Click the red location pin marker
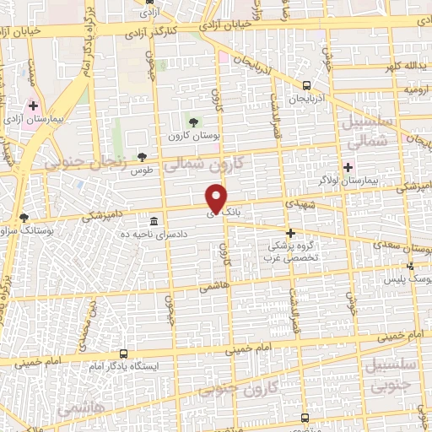click(217, 198)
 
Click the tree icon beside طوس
click(143, 156)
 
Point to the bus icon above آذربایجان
click(306, 84)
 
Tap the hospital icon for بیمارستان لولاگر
click(348, 167)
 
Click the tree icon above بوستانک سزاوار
click(24, 218)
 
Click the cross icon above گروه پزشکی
click(290, 232)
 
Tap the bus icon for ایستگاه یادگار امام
click(124, 354)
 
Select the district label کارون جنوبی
click(255, 388)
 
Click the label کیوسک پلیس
click(415, 277)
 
